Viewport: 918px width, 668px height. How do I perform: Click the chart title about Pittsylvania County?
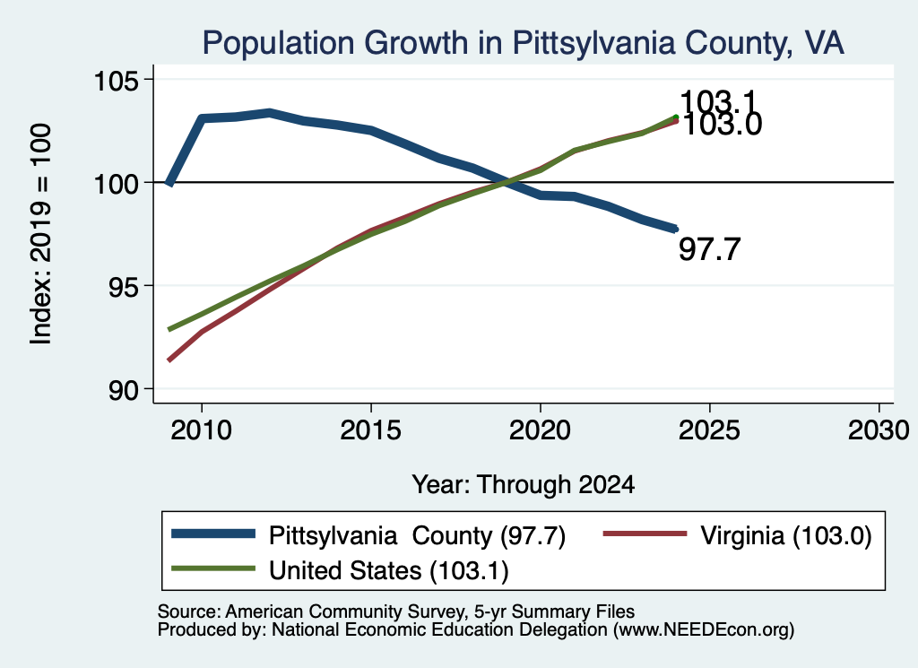(x=523, y=43)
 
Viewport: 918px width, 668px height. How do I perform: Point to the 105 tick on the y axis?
(x=117, y=80)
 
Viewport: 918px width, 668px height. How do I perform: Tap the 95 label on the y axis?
(x=125, y=286)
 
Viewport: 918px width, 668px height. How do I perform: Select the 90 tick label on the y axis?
(x=125, y=389)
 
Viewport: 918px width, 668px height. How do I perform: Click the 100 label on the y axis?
(x=117, y=183)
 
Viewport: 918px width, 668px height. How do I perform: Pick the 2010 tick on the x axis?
(x=202, y=430)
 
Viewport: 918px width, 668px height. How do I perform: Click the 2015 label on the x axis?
(x=370, y=430)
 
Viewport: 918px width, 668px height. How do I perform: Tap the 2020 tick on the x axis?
(x=540, y=430)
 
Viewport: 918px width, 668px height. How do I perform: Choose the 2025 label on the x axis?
(x=709, y=430)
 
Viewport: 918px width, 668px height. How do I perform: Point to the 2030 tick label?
(x=879, y=430)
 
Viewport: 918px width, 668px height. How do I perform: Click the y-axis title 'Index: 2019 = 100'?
(x=41, y=234)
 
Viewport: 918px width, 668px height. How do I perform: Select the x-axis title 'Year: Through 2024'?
(x=524, y=485)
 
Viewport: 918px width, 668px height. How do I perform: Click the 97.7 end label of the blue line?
(x=710, y=249)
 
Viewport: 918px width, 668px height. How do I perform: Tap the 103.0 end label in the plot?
(x=723, y=125)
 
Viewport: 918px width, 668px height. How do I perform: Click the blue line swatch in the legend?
(x=213, y=534)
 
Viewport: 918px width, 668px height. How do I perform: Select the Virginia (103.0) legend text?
(x=786, y=535)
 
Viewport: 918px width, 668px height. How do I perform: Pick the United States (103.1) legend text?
(x=389, y=571)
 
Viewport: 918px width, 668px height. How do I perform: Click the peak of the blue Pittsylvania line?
(x=269, y=112)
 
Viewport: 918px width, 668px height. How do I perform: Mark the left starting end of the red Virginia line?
(x=169, y=360)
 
